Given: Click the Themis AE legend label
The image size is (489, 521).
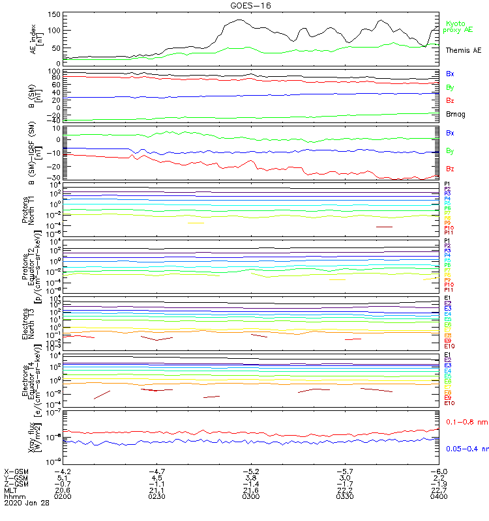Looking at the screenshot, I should (x=464, y=50).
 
